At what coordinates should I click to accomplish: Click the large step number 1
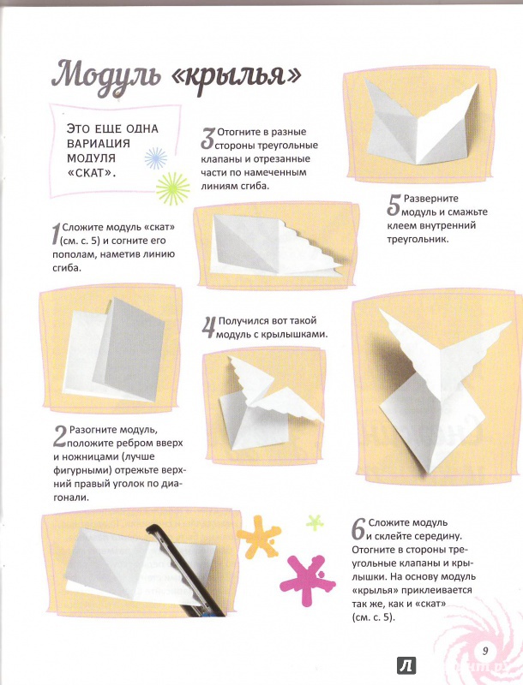(57, 234)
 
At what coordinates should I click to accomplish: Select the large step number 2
(60, 437)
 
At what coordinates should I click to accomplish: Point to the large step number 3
(208, 139)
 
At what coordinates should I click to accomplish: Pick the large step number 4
(209, 328)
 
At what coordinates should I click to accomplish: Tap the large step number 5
(394, 205)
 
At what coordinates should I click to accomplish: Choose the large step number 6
(358, 529)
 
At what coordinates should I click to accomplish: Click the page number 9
(485, 651)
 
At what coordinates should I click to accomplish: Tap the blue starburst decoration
(156, 158)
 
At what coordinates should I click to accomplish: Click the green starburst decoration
(173, 188)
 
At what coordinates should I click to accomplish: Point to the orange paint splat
(259, 537)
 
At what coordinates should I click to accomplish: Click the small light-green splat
(315, 522)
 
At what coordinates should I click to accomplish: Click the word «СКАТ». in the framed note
(93, 173)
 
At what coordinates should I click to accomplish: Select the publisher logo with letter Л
(406, 666)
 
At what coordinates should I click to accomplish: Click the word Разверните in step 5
(431, 199)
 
